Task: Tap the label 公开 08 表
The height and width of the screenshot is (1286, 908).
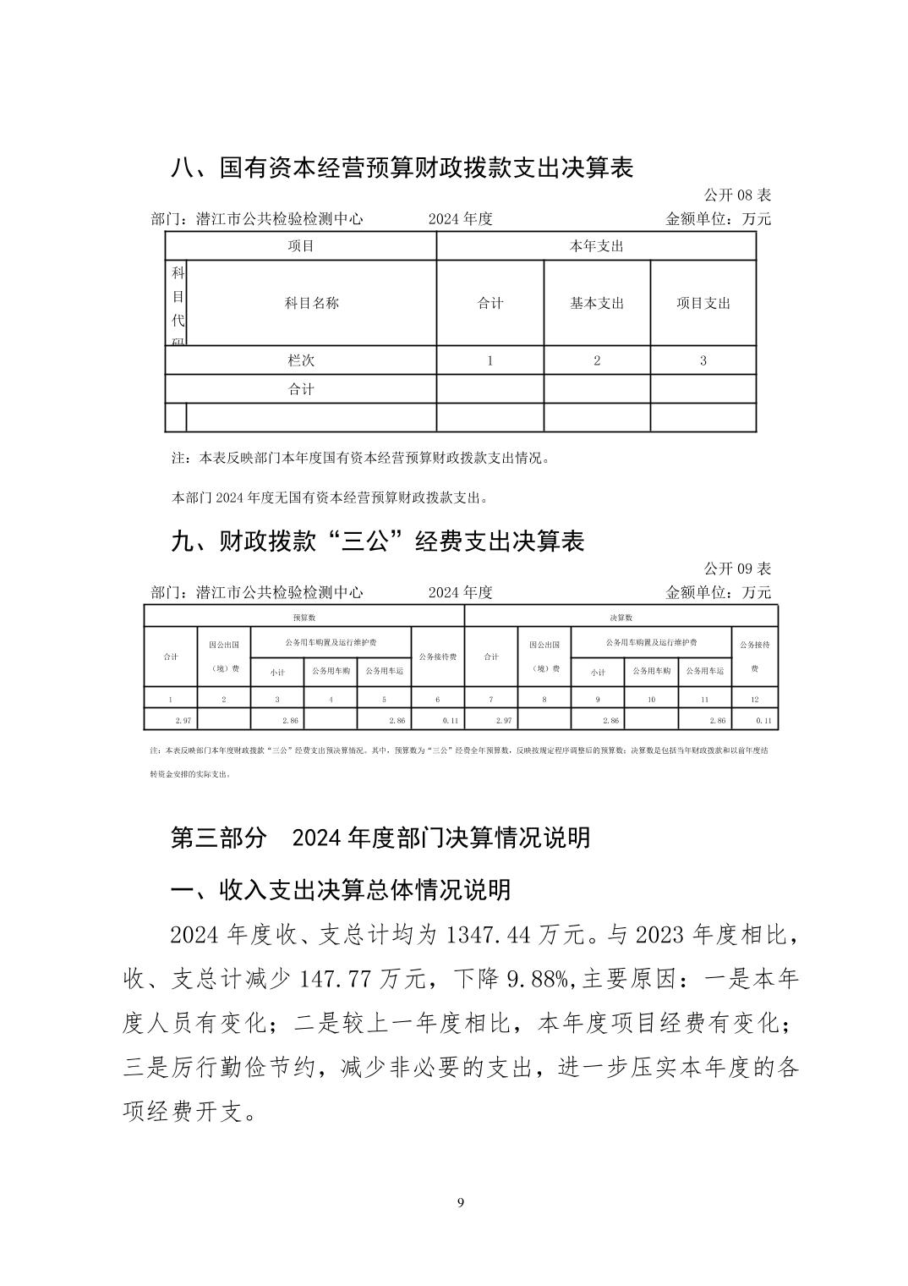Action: pos(737,195)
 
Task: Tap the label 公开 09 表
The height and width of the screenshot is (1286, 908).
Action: pos(737,569)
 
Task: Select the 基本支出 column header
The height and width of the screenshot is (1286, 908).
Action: pos(597,303)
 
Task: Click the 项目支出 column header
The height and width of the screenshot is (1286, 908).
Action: pos(703,303)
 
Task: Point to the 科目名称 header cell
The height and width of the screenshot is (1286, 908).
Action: pos(311,303)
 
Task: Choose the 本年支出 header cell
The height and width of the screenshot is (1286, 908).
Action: pos(596,246)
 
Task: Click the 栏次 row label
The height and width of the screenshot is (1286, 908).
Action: pos(301,360)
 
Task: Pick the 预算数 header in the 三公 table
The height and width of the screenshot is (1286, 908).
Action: pos(304,618)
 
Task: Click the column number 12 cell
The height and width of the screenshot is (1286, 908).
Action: pos(754,700)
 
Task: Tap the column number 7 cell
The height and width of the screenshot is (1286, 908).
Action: pos(491,700)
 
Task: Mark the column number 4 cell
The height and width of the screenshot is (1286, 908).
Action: pos(331,700)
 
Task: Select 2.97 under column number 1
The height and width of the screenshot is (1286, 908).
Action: pos(183,721)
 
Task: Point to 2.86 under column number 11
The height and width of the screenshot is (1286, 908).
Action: pos(717,721)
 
